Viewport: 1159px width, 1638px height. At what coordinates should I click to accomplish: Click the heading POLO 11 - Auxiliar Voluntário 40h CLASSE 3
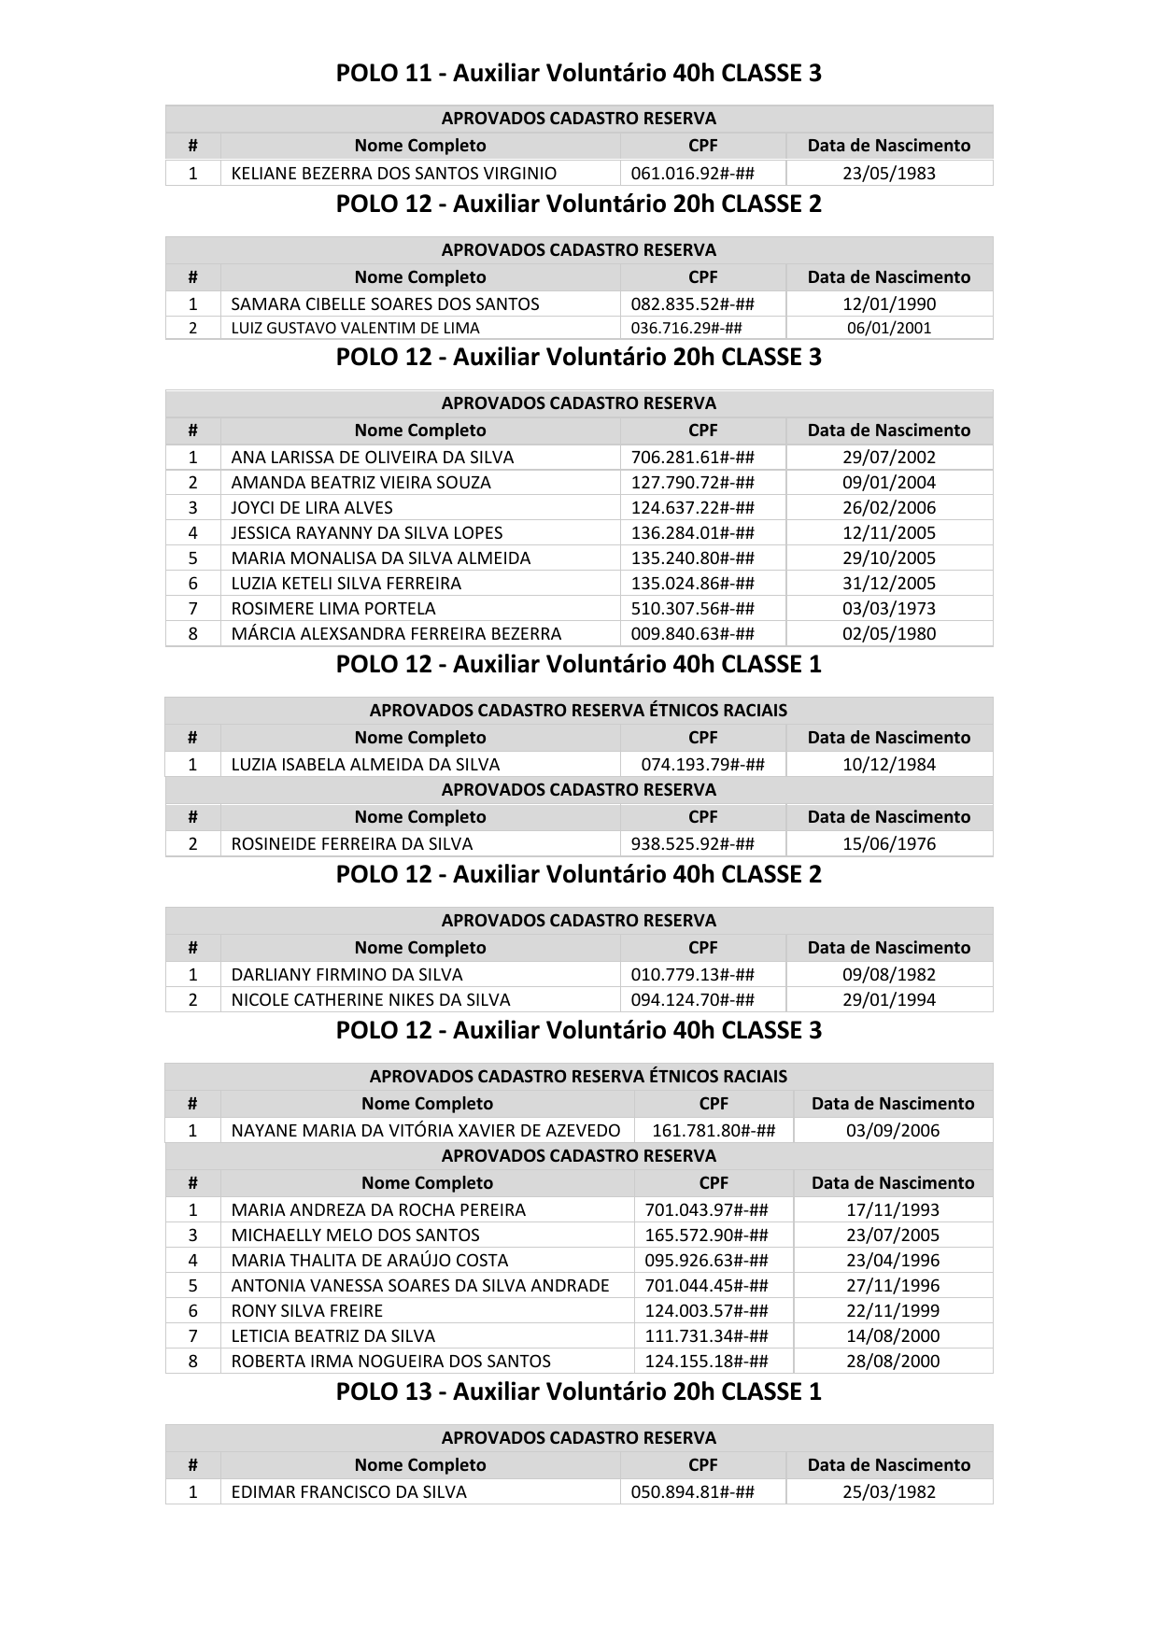(x=578, y=73)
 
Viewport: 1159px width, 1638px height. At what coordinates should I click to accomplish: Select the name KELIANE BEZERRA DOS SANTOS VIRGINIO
(x=393, y=173)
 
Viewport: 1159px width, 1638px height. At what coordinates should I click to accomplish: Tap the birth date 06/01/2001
(x=888, y=328)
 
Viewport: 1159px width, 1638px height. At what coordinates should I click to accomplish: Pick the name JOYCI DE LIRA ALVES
(x=312, y=507)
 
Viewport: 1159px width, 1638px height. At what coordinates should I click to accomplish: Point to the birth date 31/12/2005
(x=888, y=583)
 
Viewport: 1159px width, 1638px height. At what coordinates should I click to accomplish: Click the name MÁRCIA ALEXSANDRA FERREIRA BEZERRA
(x=396, y=633)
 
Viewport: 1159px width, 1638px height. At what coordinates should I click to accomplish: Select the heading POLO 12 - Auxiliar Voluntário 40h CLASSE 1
(x=578, y=664)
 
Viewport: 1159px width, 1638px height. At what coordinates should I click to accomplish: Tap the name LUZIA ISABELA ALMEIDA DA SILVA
(x=365, y=764)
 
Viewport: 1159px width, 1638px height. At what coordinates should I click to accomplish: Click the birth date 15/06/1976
(x=888, y=843)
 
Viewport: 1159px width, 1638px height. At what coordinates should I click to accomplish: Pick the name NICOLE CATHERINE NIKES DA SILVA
(x=371, y=999)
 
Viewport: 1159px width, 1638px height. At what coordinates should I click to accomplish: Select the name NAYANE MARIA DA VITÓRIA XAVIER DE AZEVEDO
(x=425, y=1130)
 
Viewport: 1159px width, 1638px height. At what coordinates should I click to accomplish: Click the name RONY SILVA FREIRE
(x=307, y=1310)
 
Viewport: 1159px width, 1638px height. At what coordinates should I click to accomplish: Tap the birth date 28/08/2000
(x=892, y=1361)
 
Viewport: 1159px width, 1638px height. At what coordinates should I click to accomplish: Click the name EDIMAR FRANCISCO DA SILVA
(x=348, y=1491)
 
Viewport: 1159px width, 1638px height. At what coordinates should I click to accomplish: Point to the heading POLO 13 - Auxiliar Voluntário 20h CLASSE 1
(x=578, y=1391)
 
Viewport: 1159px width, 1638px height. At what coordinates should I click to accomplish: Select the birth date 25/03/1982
(x=888, y=1491)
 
